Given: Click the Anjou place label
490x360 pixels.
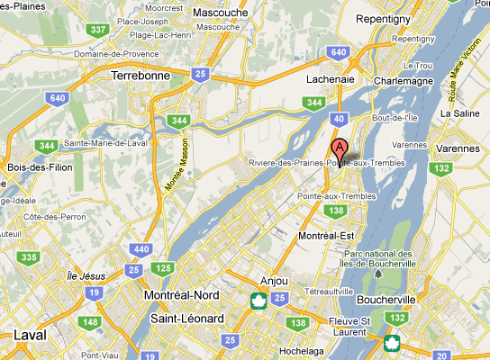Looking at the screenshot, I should click(x=273, y=280).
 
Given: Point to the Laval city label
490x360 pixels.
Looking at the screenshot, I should click(x=31, y=335).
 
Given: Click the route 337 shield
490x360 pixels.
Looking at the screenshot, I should click(x=97, y=30).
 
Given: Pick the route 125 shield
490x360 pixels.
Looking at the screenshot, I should click(x=163, y=267).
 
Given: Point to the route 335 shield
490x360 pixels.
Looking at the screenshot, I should click(x=30, y=257).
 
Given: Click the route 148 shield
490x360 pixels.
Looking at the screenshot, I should click(x=89, y=322).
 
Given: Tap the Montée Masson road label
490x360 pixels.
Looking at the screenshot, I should click(x=178, y=163).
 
